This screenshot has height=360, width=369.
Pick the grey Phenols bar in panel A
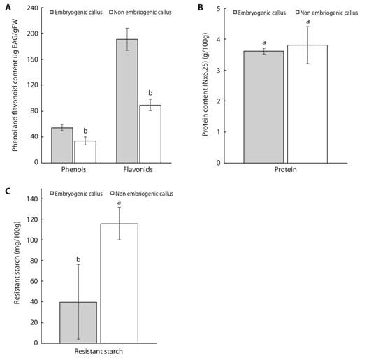[62, 145]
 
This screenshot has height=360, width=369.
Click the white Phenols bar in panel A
[85, 152]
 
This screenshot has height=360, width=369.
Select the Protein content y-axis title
[208, 86]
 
